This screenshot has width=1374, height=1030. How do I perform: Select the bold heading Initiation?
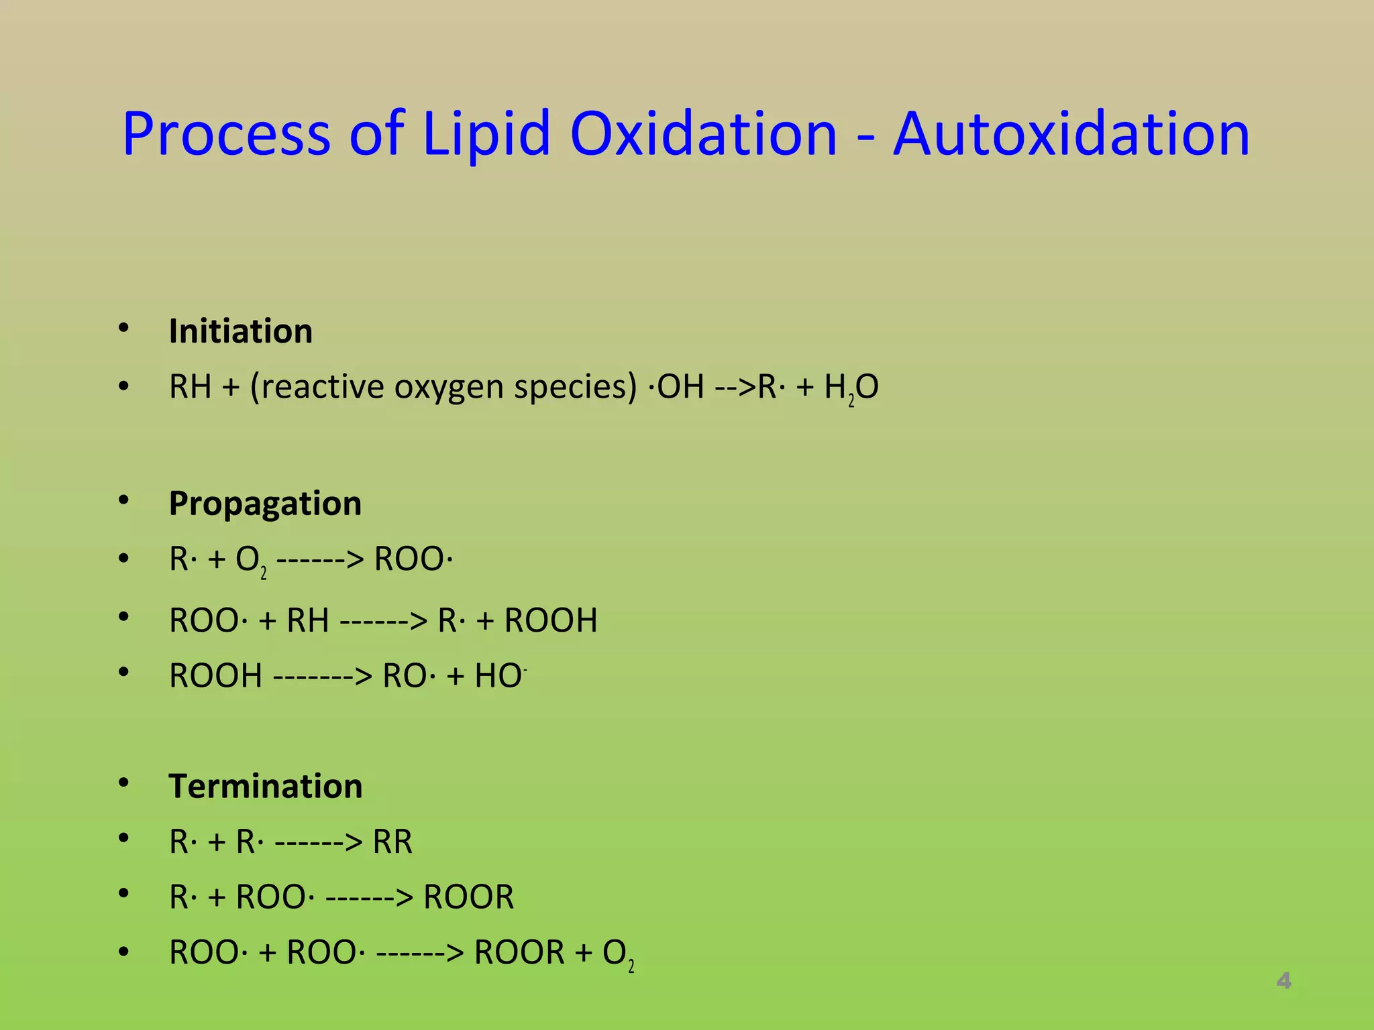coord(240,331)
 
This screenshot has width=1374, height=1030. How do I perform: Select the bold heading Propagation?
coord(265,504)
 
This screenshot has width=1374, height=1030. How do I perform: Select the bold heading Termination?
coord(266,786)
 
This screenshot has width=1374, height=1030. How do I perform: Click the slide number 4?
coord(1283,981)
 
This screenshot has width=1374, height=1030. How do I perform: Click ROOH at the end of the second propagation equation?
coord(551,620)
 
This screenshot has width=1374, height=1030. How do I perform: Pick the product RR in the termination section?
coord(392,842)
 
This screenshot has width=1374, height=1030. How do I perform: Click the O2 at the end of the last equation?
coord(618,954)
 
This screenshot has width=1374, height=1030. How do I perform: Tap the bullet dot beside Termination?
coord(123,783)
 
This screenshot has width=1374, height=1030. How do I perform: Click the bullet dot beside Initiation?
coord(123,328)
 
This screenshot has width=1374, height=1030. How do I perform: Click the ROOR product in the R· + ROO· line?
coord(468,897)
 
